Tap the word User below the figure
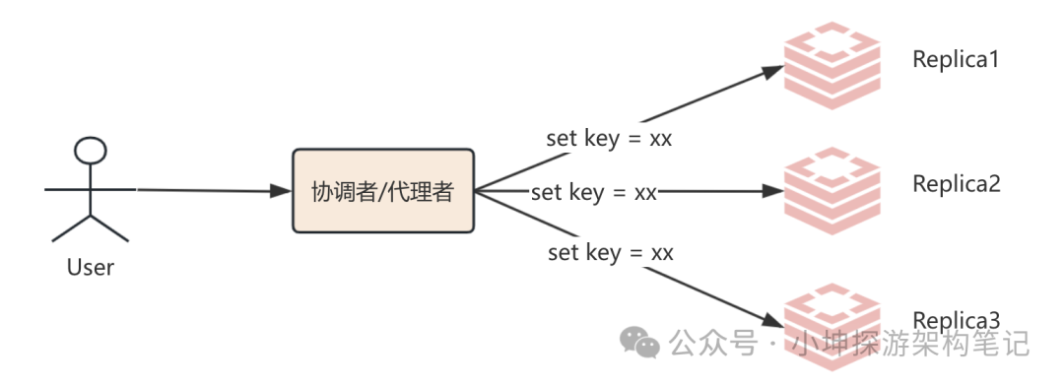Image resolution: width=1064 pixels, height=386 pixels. tap(91, 267)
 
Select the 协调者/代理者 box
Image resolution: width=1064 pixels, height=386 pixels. tap(383, 191)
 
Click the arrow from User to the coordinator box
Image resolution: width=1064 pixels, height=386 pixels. tap(207, 190)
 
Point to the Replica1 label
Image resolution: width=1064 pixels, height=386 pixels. tap(956, 60)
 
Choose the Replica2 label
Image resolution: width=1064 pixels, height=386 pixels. tap(956, 183)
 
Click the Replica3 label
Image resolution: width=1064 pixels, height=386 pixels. tap(956, 320)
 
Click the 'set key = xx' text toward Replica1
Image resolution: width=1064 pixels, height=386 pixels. tap(609, 138)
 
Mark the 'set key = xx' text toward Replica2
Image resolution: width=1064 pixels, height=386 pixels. tap(593, 192)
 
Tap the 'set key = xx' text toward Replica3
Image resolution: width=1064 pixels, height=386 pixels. tap(610, 253)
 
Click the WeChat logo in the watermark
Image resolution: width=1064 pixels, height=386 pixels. tap(639, 343)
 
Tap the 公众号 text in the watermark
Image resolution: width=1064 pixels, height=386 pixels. tap(713, 344)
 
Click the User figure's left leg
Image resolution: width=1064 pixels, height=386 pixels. tap(72, 228)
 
